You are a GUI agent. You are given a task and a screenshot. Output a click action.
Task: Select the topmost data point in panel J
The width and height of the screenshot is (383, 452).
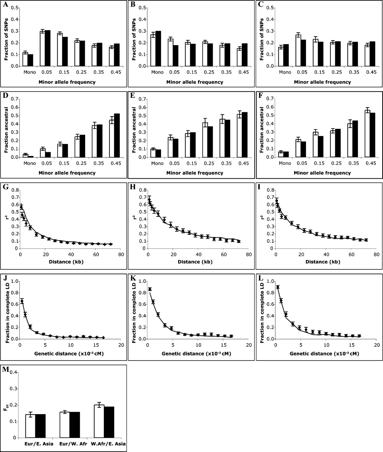coord(22,301)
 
